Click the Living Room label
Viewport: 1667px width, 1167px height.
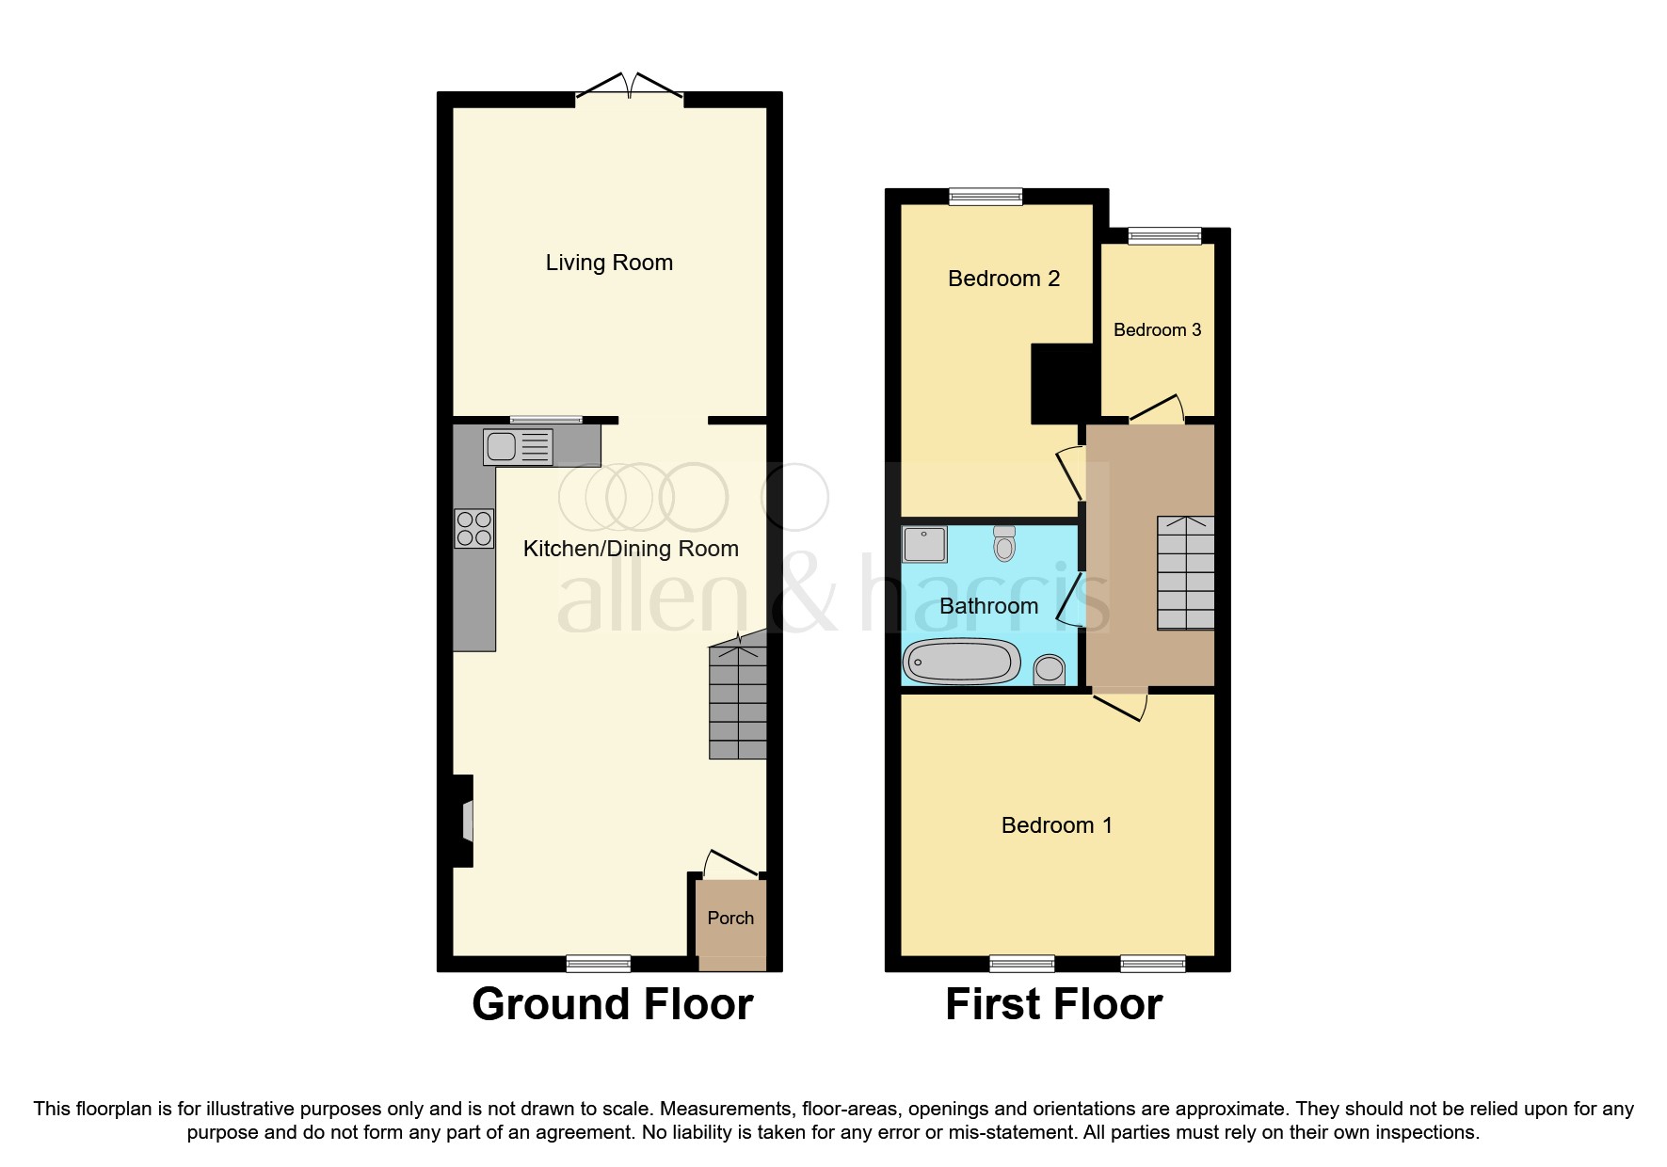click(x=609, y=263)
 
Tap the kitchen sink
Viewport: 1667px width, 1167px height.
click(x=517, y=447)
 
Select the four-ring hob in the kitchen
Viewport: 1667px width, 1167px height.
click(x=473, y=528)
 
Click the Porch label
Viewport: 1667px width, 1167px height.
click(x=730, y=918)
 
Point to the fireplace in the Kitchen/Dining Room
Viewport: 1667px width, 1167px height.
click(x=464, y=821)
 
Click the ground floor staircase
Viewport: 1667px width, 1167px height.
click(x=737, y=700)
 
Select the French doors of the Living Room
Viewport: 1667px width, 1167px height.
click(x=629, y=87)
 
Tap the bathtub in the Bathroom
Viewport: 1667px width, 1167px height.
click(x=961, y=661)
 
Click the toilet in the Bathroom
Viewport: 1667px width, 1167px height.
click(x=1004, y=543)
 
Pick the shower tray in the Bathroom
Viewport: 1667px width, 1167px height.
click(x=924, y=544)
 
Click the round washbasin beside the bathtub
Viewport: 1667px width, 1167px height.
click(x=1049, y=670)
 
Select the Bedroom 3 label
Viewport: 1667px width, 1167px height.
click(x=1157, y=330)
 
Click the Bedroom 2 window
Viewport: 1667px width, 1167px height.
click(x=986, y=196)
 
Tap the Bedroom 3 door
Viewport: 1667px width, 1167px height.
click(x=1157, y=409)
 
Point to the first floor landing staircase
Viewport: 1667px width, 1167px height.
click(x=1185, y=572)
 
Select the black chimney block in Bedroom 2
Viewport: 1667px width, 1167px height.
click(x=1064, y=383)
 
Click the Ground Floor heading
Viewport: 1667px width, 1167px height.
click(x=612, y=1004)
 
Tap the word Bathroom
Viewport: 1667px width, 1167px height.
click(x=988, y=606)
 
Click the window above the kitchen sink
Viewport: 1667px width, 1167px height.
click(x=546, y=420)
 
